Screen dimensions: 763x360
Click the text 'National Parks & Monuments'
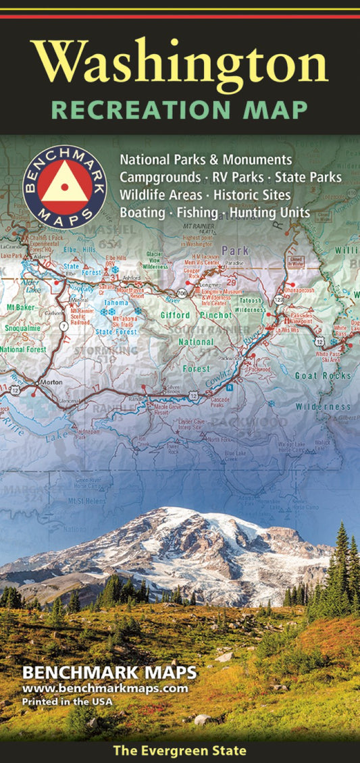click(x=206, y=160)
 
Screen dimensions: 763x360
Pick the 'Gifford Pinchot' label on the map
click(x=196, y=315)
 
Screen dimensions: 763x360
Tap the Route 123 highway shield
click(x=279, y=298)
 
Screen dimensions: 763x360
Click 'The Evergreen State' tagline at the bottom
click(x=180, y=751)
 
